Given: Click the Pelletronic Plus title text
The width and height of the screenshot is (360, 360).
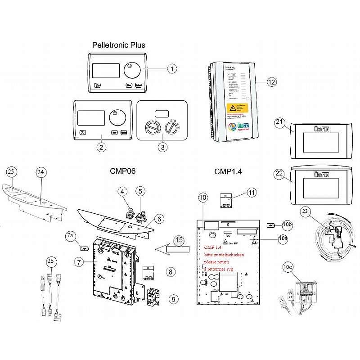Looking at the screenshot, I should point(118,45).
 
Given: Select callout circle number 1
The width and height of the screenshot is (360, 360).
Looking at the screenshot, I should point(172,69).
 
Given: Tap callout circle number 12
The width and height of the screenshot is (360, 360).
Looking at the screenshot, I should point(271,82).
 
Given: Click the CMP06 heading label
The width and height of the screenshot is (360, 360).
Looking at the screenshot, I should point(123,171).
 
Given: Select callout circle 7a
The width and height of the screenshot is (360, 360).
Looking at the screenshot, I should point(70,236).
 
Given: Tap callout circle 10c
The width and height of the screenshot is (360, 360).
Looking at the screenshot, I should point(287,267).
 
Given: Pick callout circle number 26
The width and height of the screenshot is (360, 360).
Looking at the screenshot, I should point(50,261).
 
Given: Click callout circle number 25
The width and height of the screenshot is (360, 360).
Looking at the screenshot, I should point(12,171).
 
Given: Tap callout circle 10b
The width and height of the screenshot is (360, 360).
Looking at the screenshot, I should point(288,225).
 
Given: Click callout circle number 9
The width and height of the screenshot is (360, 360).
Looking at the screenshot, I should point(172,298).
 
